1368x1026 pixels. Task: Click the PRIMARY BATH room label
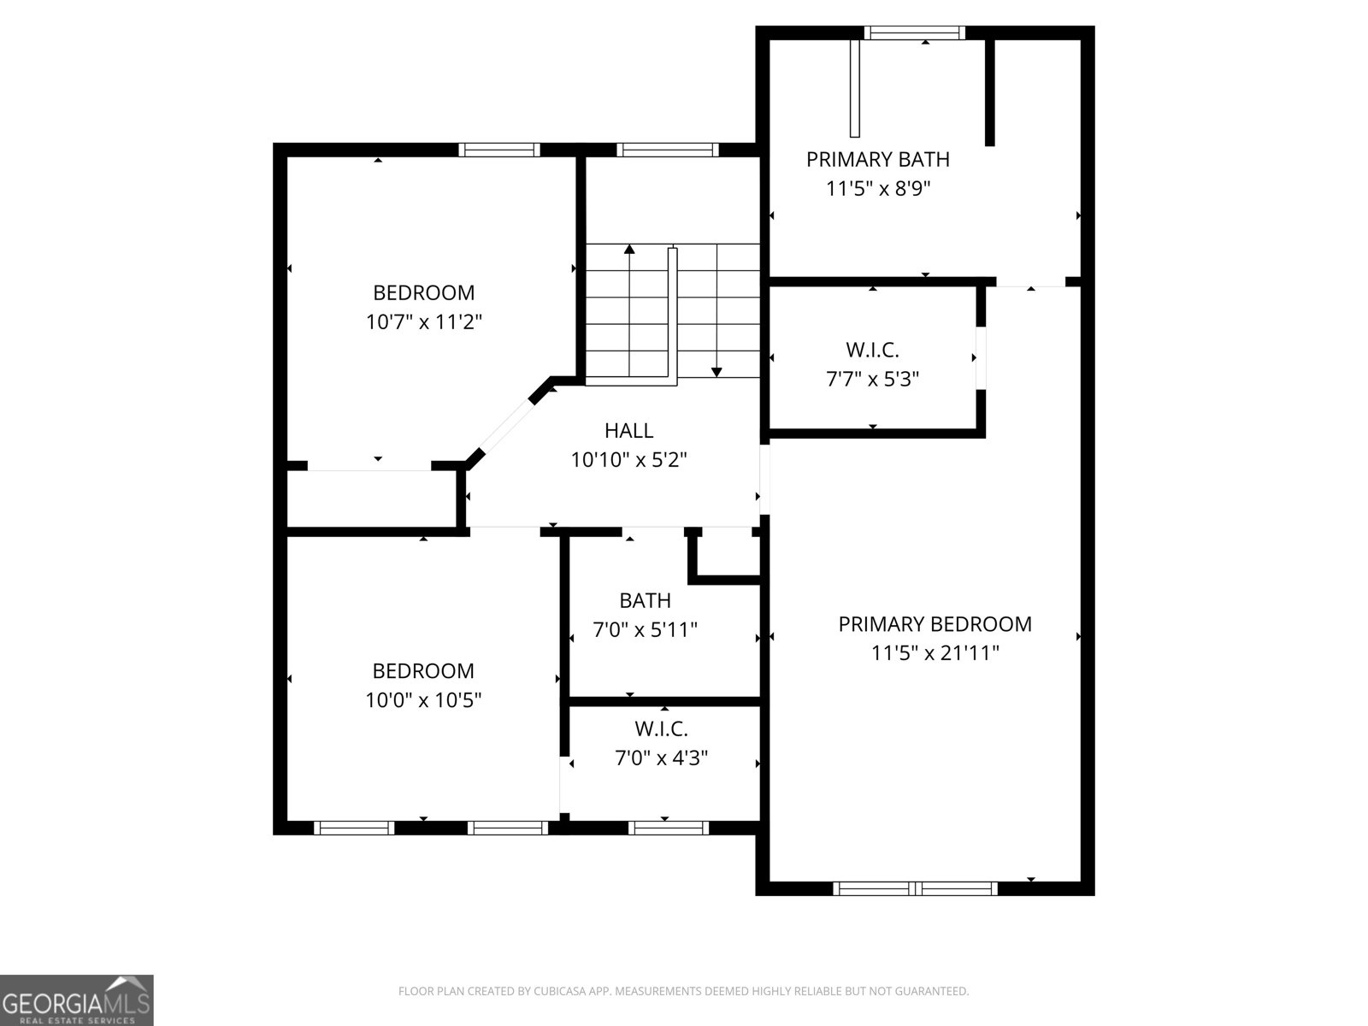[878, 159]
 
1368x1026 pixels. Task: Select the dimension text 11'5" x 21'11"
[935, 653]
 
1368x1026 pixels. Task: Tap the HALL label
[628, 430]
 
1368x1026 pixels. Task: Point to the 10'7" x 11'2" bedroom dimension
[424, 322]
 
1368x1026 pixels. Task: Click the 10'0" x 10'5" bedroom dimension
[424, 700]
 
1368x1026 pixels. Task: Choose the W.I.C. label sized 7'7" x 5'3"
[872, 349]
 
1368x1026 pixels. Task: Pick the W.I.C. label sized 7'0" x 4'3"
[661, 728]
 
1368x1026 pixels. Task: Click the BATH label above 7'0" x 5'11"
[645, 600]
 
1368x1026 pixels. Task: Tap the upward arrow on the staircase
[629, 250]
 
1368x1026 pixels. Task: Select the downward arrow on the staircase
[716, 371]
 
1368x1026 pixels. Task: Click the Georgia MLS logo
[77, 999]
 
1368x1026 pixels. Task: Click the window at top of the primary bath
[914, 32]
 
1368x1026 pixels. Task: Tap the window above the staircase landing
[668, 150]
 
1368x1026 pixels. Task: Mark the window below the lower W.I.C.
[668, 827]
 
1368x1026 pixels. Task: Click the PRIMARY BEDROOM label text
[935, 624]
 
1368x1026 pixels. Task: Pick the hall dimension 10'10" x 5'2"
[629, 460]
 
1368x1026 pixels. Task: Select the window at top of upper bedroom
[499, 150]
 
